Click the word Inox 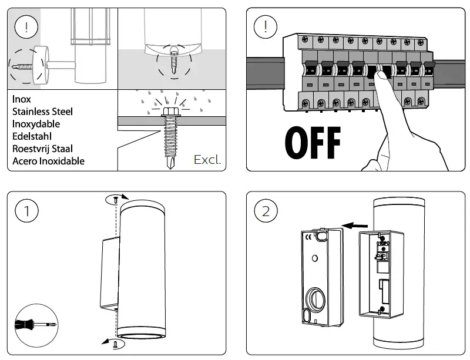[22, 99]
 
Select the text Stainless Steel [42, 112]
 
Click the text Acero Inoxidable [48, 161]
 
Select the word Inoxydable [36, 124]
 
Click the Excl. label [207, 160]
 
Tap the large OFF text [313, 141]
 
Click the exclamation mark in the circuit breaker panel [266, 27]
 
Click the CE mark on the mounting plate [307, 237]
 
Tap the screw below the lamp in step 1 [116, 344]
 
